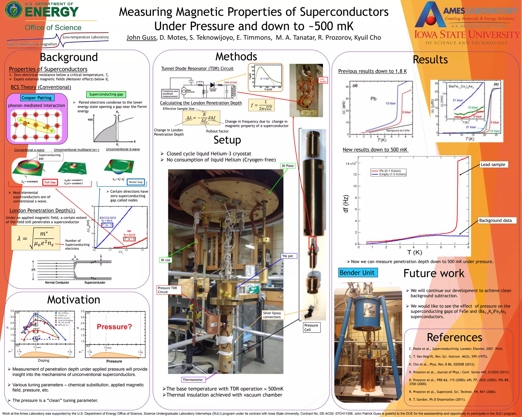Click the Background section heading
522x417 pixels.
click(x=69, y=57)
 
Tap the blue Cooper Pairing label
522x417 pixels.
click(x=36, y=98)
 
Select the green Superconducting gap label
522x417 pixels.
click(x=106, y=94)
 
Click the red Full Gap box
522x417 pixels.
click(x=50, y=182)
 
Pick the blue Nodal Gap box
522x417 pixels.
click(x=136, y=182)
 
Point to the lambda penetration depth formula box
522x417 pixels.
click(x=35, y=238)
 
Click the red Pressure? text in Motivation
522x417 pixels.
click(x=114, y=327)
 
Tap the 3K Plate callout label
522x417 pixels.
click(x=288, y=166)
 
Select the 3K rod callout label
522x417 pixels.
click(x=165, y=260)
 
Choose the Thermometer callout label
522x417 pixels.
click(x=193, y=380)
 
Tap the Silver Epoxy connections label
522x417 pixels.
click(x=272, y=315)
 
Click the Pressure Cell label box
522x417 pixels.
click(x=311, y=327)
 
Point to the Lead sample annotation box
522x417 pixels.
click(x=493, y=164)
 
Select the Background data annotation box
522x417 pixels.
click(x=495, y=220)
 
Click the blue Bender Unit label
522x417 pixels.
click(x=357, y=273)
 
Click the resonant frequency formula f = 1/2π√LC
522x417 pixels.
click(x=261, y=105)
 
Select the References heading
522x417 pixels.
click(x=454, y=337)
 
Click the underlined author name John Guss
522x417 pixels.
click(x=141, y=38)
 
